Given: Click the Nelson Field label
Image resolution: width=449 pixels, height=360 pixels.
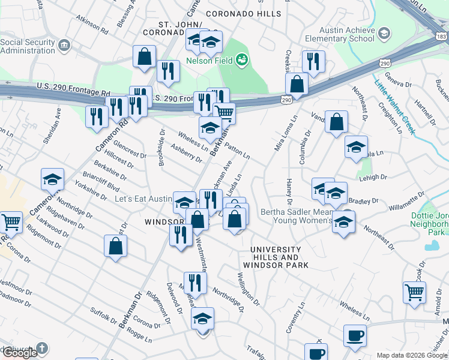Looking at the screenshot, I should pyautogui.click(x=209, y=60).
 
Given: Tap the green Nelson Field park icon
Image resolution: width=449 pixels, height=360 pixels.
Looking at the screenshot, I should pyautogui.click(x=242, y=59).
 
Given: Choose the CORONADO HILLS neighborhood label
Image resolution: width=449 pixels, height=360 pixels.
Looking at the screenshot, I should pyautogui.click(x=243, y=13).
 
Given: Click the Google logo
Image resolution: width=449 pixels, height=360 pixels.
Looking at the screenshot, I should pyautogui.click(x=20, y=352).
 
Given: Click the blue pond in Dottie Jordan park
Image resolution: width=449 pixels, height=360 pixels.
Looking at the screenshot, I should pyautogui.click(x=431, y=245).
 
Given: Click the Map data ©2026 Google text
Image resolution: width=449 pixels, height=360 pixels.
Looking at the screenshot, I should pyautogui.click(x=412, y=355).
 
